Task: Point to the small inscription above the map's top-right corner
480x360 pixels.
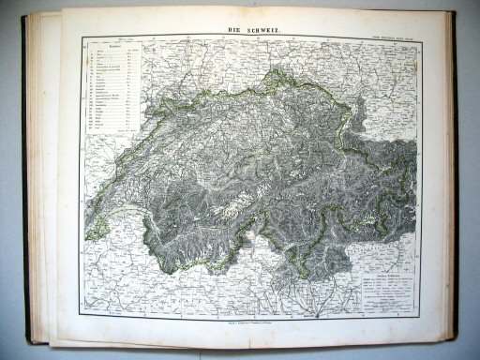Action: pyautogui.click(x=392, y=36)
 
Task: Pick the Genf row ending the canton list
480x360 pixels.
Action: pyautogui.click(x=112, y=127)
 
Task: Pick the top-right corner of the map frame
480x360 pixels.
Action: pyautogui.click(x=418, y=38)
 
